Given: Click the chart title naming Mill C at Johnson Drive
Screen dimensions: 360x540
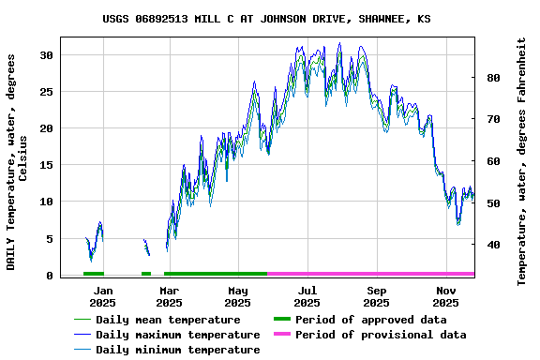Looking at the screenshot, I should [267, 19].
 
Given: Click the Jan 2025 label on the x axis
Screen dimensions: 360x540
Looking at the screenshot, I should [103, 296].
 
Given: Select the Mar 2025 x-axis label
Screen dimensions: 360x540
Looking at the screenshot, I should [169, 296].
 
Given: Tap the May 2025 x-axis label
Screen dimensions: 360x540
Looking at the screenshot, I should [238, 296].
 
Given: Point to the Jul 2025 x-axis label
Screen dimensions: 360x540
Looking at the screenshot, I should [307, 296].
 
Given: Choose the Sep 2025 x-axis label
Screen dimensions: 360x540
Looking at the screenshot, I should [376, 296].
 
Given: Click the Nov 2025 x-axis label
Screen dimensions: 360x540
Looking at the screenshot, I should [445, 296].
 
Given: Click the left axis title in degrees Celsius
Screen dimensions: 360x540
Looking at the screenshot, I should [17, 161].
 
